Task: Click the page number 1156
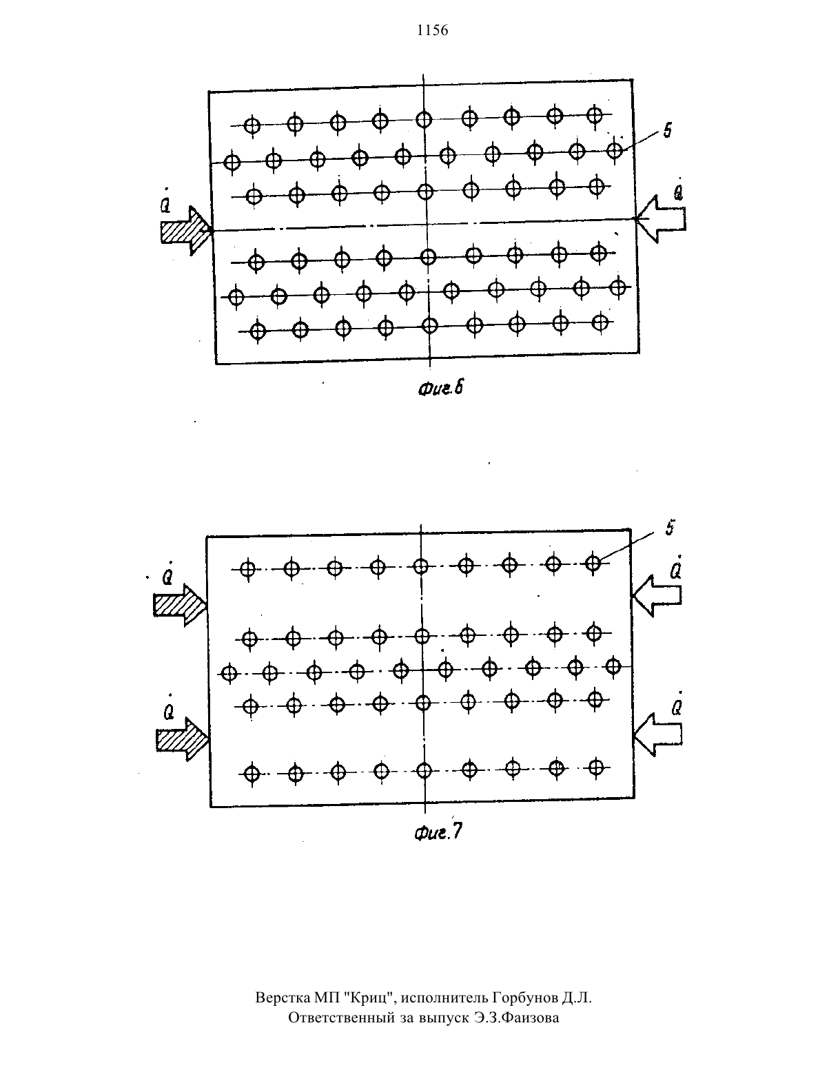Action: coord(432,30)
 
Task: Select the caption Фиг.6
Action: coord(440,389)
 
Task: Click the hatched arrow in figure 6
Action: coord(186,230)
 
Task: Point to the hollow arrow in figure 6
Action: coord(660,219)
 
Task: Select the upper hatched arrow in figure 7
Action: coord(180,606)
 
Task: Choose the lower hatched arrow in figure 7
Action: coord(183,739)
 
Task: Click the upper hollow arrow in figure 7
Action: coord(656,595)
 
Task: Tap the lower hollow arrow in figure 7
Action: coord(657,734)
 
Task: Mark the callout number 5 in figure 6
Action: coord(667,130)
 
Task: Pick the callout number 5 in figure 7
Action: coord(670,528)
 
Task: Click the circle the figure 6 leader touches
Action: coord(615,150)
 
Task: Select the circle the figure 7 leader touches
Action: coord(593,563)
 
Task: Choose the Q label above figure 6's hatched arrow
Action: coord(167,200)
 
